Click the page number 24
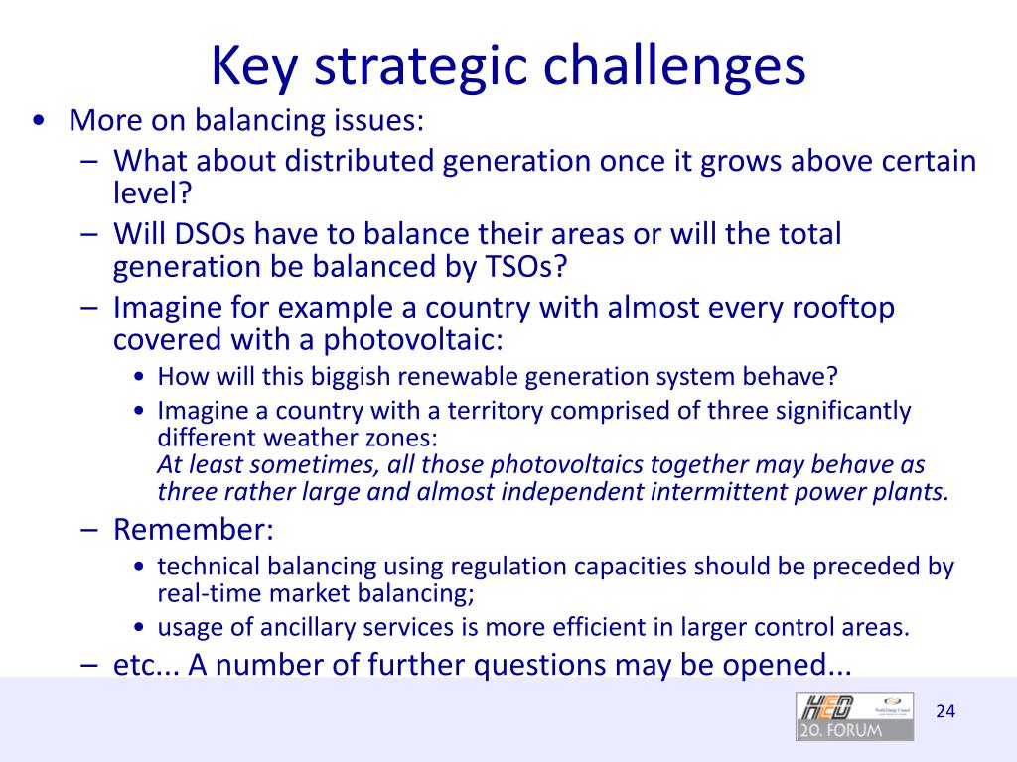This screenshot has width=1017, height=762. pyautogui.click(x=945, y=711)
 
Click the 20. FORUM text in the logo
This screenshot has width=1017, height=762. pyautogui.click(x=854, y=730)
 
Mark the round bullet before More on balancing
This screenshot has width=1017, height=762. pyautogui.click(x=38, y=121)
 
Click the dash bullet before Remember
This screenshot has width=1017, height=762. pyautogui.click(x=89, y=530)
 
